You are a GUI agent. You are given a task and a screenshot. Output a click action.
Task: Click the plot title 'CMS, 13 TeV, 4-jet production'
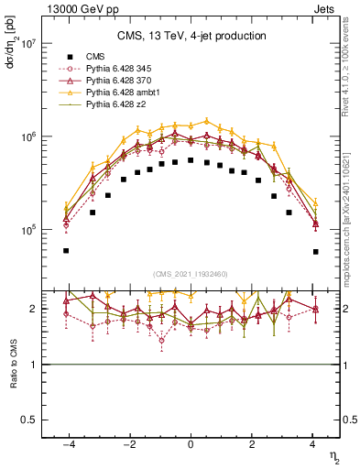click(x=191, y=36)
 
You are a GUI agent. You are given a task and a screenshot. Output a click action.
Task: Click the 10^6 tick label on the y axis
click(x=27, y=137)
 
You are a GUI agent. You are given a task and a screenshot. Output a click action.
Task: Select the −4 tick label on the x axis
click(x=67, y=444)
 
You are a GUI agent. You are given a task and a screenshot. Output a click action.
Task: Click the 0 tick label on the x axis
click(x=191, y=444)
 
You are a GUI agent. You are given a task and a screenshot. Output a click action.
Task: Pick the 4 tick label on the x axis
click(x=313, y=444)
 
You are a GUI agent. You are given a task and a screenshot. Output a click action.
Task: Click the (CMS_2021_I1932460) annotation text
click(x=191, y=274)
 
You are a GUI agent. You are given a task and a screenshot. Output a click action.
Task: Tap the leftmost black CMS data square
click(x=66, y=251)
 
